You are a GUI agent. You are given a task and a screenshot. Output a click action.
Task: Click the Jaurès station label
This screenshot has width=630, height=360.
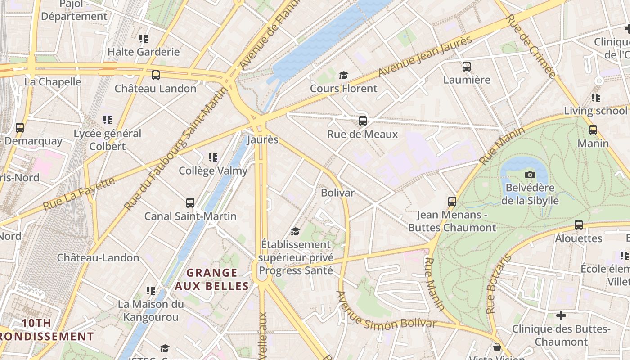pyautogui.click(x=263, y=139)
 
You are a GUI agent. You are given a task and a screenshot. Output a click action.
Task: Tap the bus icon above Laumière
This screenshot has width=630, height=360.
pyautogui.click(x=467, y=67)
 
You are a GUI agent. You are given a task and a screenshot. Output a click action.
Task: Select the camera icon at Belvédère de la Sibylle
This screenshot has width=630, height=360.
pyautogui.click(x=530, y=175)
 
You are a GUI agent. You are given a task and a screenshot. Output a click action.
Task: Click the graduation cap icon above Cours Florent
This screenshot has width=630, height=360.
pyautogui.click(x=344, y=75)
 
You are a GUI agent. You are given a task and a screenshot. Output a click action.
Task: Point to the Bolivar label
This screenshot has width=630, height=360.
pyautogui.click(x=337, y=193)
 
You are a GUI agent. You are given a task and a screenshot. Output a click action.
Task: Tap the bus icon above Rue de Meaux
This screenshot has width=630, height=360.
pyautogui.click(x=363, y=121)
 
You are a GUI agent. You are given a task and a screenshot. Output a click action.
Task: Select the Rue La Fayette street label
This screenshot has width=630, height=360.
pyautogui.click(x=79, y=193)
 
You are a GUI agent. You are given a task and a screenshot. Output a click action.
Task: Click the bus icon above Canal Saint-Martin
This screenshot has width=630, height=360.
pyautogui.click(x=190, y=203)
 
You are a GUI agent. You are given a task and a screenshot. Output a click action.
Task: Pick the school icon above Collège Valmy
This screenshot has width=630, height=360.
pyautogui.click(x=213, y=157)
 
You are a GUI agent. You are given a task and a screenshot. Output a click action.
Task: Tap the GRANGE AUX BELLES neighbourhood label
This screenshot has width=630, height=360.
pyautogui.click(x=211, y=279)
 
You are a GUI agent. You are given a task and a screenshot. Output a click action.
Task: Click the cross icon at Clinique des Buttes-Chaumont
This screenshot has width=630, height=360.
pyautogui.click(x=561, y=315)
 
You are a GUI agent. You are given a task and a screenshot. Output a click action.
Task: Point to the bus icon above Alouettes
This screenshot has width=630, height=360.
pyautogui.click(x=579, y=225)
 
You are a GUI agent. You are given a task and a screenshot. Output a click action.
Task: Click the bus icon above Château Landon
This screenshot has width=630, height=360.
pyautogui.click(x=156, y=75)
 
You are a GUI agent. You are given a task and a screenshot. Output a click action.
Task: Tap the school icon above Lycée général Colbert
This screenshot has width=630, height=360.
pyautogui.click(x=107, y=120)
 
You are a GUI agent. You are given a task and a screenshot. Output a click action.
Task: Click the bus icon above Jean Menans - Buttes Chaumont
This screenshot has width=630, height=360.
pyautogui.click(x=452, y=202)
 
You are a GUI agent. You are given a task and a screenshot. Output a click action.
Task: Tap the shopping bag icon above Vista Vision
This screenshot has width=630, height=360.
pyautogui.click(x=497, y=347)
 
